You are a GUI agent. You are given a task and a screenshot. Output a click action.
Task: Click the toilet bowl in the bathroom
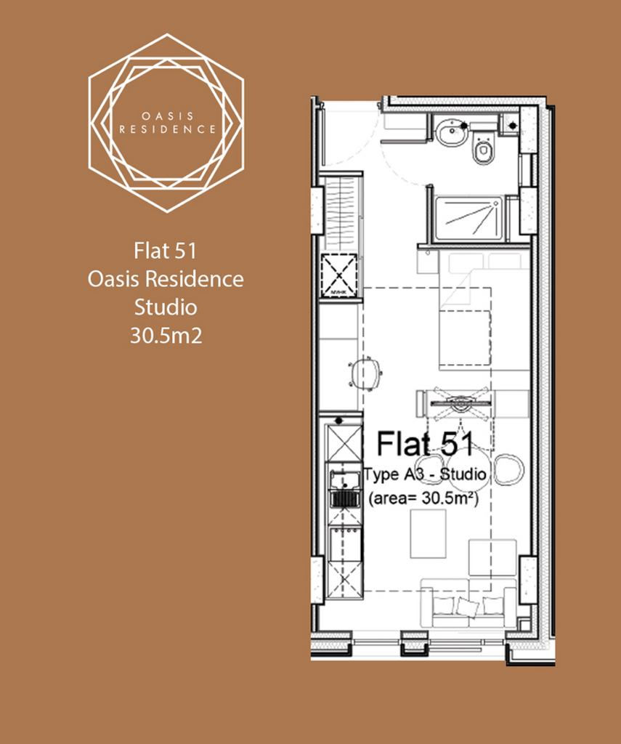[484, 150]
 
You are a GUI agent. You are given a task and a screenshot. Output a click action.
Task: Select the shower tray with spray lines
[468, 218]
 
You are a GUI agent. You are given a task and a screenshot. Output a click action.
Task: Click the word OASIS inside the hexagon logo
[168, 116]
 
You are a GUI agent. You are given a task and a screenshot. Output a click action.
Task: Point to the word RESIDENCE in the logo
[168, 129]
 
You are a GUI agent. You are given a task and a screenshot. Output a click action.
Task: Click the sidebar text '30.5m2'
[166, 336]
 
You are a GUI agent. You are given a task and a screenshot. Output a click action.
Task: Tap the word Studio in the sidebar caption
[166, 307]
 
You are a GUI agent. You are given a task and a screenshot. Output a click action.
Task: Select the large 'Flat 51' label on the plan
[425, 444]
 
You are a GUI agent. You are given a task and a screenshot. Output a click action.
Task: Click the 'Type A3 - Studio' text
[425, 474]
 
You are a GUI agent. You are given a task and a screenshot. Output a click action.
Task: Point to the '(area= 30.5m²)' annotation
[423, 498]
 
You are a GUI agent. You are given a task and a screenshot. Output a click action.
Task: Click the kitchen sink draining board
[345, 499]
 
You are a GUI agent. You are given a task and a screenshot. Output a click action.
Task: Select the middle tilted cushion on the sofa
[467, 606]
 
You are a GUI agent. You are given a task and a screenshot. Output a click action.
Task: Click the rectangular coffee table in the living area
[428, 534]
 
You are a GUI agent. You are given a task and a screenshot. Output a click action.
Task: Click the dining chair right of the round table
[508, 469]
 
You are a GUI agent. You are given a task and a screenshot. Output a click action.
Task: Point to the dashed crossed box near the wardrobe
[338, 275]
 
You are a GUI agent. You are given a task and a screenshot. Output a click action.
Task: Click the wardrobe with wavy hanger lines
[341, 211]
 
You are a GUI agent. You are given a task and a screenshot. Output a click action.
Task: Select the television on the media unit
[460, 403]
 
